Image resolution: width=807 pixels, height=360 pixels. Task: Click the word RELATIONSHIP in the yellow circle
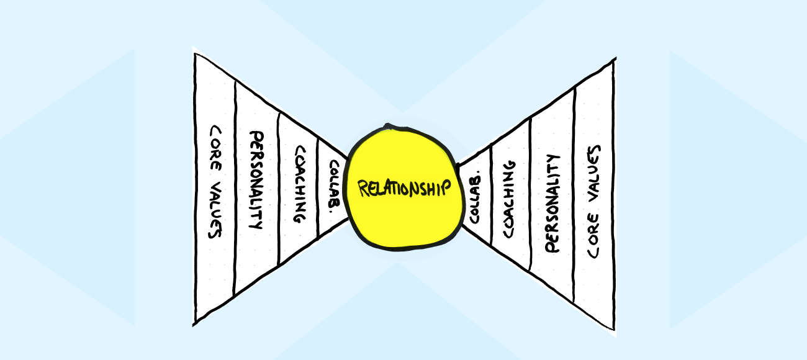404,187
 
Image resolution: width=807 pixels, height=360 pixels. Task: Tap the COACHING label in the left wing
299,184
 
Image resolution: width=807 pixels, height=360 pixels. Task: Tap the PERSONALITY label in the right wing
552,203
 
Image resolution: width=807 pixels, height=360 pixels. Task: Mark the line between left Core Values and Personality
235,186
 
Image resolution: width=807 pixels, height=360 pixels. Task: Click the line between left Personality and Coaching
278,186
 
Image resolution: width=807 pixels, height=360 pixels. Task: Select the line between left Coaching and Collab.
318,186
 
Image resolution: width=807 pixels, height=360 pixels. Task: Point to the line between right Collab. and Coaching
491,196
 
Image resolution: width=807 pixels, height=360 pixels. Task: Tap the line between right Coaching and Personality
531,196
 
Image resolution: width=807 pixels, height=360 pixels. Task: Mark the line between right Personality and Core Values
574,196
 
